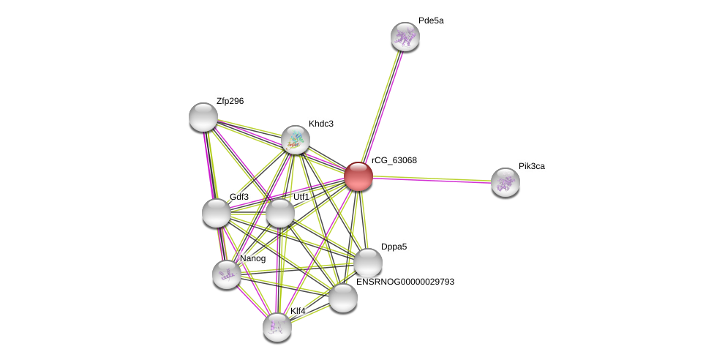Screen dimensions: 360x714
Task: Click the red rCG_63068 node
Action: click(x=358, y=176)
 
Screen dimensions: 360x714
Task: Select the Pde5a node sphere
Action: click(x=405, y=37)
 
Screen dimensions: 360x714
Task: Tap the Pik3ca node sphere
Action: click(x=505, y=182)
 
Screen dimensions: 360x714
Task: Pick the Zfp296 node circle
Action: click(x=203, y=117)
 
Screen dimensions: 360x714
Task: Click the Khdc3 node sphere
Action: click(x=296, y=140)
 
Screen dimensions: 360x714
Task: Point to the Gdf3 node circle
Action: click(x=217, y=213)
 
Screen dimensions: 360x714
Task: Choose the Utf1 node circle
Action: click(x=280, y=213)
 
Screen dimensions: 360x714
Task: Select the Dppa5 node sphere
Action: click(x=368, y=263)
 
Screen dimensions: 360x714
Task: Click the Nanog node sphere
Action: click(x=227, y=274)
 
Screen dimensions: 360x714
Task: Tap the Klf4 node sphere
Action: click(x=277, y=327)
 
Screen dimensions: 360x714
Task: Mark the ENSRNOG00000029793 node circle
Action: click(x=343, y=298)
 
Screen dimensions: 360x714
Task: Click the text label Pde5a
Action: click(x=431, y=20)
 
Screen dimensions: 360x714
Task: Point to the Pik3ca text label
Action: click(x=532, y=166)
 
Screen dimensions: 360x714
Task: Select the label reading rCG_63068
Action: click(x=394, y=160)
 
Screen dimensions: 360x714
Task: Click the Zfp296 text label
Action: click(x=230, y=101)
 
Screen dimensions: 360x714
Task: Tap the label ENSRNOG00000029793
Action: click(x=405, y=282)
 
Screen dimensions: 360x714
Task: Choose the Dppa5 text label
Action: click(x=394, y=247)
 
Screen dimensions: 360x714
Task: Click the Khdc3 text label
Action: click(x=320, y=124)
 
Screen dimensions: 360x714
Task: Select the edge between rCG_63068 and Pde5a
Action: click(x=382, y=105)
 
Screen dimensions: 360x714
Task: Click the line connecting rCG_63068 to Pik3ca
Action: click(x=432, y=179)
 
